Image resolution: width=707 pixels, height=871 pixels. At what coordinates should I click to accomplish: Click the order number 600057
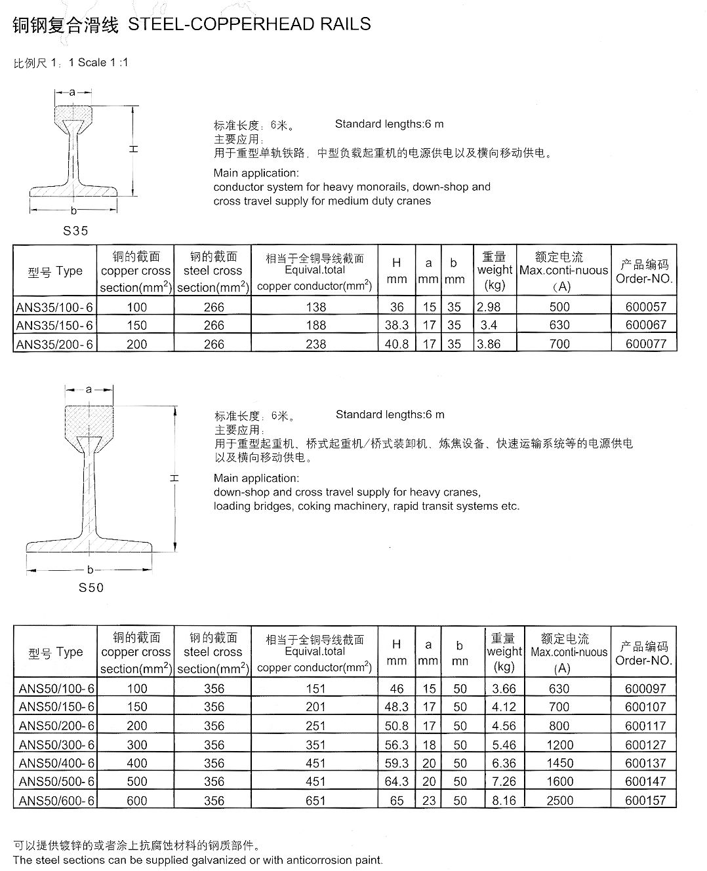[x=645, y=307]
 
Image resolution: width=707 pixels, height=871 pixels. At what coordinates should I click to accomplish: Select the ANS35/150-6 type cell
[x=55, y=325]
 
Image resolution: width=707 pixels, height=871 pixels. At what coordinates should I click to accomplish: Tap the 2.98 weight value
[x=489, y=307]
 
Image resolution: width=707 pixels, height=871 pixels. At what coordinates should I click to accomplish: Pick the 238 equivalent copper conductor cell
[x=315, y=344]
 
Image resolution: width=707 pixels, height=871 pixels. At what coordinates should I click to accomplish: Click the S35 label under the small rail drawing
[x=75, y=231]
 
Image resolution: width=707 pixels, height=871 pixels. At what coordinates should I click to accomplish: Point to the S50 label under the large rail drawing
[x=91, y=587]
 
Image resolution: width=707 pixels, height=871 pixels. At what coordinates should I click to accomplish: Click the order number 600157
[x=645, y=800]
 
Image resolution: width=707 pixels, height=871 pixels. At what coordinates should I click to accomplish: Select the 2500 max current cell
[x=559, y=800]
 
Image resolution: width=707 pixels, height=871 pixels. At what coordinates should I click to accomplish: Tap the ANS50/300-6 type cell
[x=56, y=745]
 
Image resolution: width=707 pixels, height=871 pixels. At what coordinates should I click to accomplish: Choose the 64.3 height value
[x=397, y=781]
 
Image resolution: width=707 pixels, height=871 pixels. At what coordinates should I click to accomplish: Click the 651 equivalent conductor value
[x=315, y=800]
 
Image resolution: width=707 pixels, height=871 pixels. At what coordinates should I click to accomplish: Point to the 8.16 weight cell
[x=504, y=800]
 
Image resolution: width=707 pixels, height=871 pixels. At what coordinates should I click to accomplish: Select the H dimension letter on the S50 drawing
[x=174, y=478]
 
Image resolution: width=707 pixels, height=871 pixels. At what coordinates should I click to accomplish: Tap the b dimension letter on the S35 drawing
[x=73, y=210]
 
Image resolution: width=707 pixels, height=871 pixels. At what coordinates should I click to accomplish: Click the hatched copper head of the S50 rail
[x=89, y=419]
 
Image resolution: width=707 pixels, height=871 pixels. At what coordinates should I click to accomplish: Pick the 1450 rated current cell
[x=559, y=763]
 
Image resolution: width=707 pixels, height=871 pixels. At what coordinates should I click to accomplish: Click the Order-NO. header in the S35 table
[x=644, y=279]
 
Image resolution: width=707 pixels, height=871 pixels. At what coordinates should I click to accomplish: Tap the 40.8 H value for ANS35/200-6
[x=396, y=344]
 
